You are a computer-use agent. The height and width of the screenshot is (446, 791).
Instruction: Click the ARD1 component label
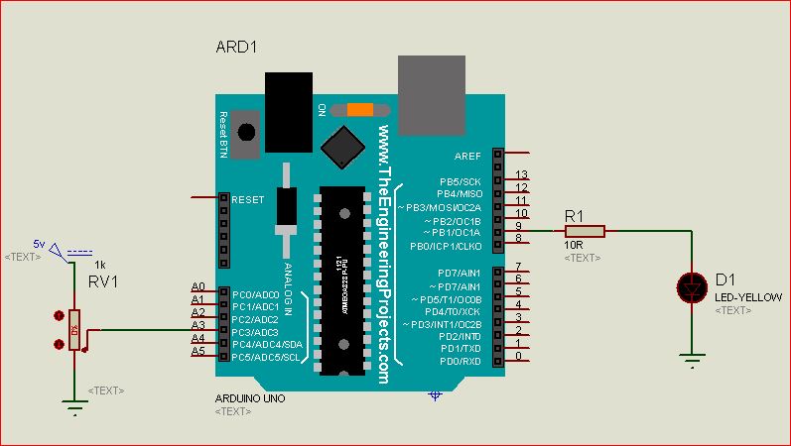tap(237, 48)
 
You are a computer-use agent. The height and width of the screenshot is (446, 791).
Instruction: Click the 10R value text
tap(574, 245)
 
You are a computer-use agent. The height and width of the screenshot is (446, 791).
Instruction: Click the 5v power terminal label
tap(39, 243)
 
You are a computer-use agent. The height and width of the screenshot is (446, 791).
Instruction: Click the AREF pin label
tap(467, 156)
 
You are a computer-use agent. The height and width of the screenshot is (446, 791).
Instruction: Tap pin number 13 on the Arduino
tap(522, 175)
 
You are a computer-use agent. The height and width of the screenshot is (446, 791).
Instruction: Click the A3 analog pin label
tap(197, 325)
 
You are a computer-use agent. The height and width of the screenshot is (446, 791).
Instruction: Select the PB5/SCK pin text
tap(460, 181)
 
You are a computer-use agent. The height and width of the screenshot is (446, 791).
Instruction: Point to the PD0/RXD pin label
tap(460, 361)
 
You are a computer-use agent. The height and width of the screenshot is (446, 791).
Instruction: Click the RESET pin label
tap(248, 199)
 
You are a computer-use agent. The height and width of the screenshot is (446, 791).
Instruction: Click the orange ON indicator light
tap(358, 110)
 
